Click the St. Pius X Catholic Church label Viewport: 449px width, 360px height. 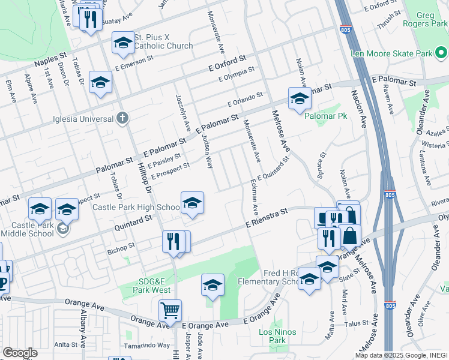point(163,41)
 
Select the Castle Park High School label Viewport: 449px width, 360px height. point(136,208)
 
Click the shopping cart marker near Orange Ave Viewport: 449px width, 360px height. point(170,311)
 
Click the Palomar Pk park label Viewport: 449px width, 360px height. point(325,115)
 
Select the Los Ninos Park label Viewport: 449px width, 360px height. point(273,335)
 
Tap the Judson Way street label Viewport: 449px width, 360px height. point(207,151)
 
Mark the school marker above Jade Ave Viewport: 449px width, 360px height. point(212,286)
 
